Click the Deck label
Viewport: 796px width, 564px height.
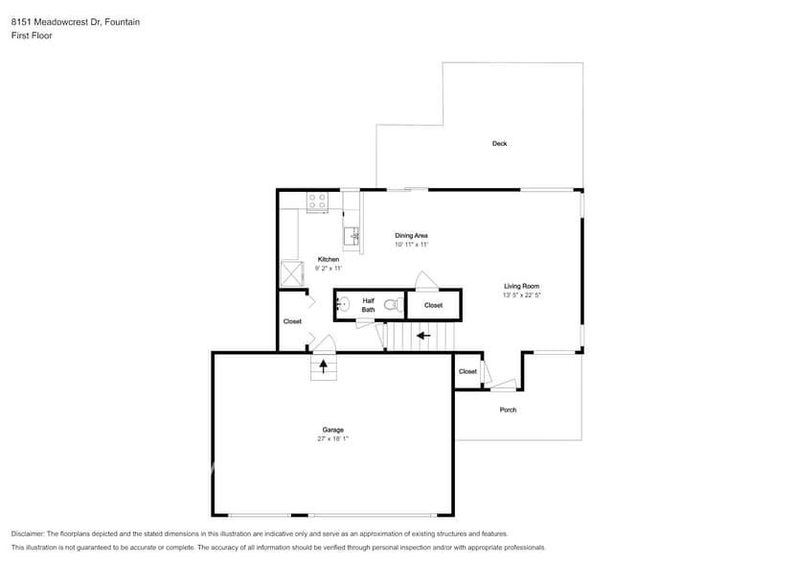[x=499, y=144]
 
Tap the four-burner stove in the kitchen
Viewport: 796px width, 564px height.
[x=317, y=201]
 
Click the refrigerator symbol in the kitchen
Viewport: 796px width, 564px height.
[x=290, y=274]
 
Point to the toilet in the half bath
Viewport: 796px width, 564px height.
[x=391, y=305]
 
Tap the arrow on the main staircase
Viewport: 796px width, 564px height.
[x=422, y=336]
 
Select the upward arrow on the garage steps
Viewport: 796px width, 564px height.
[x=324, y=364]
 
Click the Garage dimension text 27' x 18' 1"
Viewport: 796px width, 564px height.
[x=332, y=438]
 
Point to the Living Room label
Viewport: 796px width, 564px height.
[x=522, y=286]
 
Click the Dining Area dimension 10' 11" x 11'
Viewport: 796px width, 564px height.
[x=411, y=245]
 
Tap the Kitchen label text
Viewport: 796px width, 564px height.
[x=329, y=260]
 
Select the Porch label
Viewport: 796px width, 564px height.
[x=508, y=410]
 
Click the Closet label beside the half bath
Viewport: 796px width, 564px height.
[x=433, y=305]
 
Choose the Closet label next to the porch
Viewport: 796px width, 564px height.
[x=467, y=371]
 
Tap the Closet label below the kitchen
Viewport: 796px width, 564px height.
[x=292, y=321]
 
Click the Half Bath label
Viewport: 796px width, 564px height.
[x=368, y=305]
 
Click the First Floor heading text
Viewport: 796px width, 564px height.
[x=32, y=35]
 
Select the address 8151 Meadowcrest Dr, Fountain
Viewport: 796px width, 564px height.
[x=75, y=21]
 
